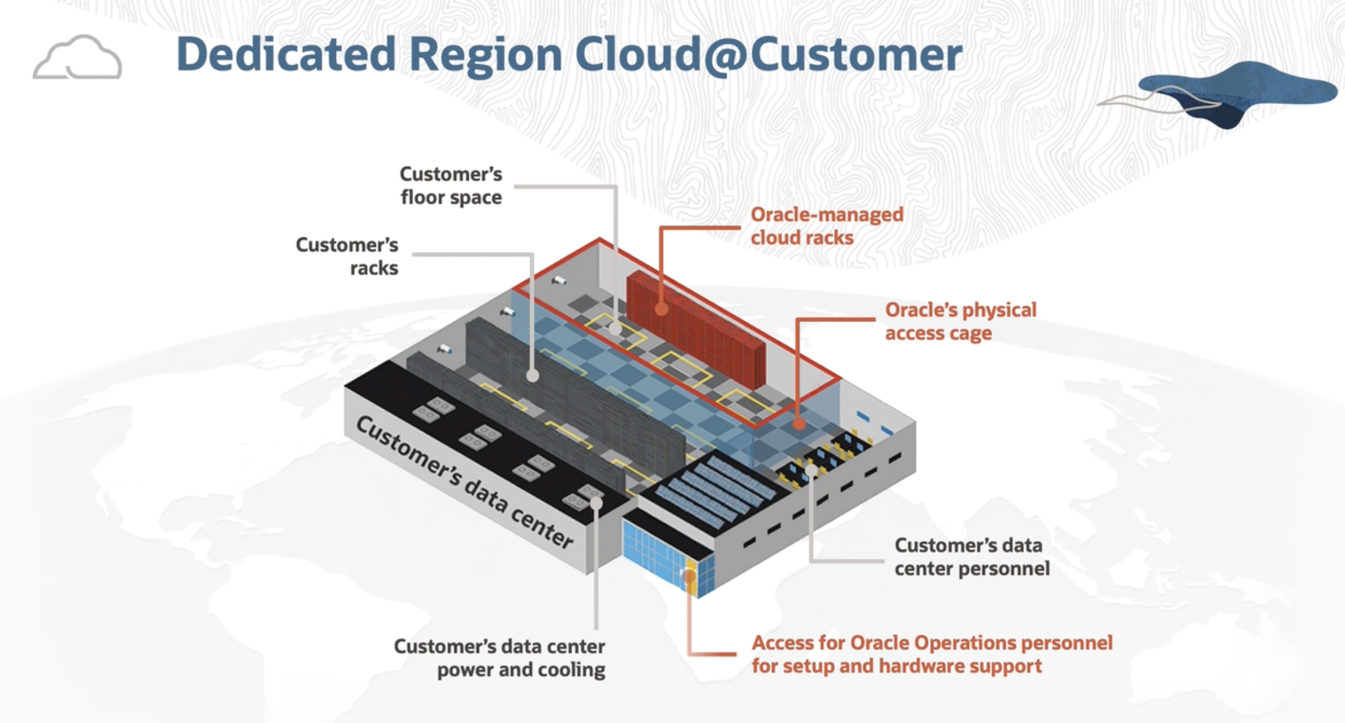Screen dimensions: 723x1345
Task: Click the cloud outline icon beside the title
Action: tap(77, 58)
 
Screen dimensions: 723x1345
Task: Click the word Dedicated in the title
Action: tap(286, 55)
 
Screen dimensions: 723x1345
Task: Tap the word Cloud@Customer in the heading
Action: tap(768, 55)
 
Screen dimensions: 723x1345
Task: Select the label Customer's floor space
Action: tap(451, 186)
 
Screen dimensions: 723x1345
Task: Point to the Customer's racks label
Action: tap(347, 256)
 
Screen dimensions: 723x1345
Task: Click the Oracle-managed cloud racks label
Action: tap(827, 226)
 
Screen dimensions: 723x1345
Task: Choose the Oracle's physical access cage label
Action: tap(960, 321)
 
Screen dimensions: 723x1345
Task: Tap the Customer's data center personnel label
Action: tap(972, 557)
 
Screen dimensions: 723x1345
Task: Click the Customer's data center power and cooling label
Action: tap(500, 658)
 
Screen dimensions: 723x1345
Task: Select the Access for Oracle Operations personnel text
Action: tap(931, 643)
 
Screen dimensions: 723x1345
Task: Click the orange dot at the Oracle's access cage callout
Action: tap(800, 424)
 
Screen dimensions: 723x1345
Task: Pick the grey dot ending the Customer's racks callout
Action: tap(532, 376)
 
